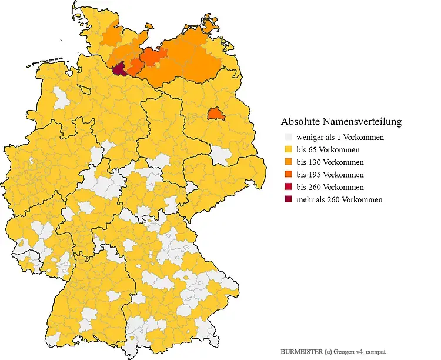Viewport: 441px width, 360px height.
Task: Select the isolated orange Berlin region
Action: coord(216,113)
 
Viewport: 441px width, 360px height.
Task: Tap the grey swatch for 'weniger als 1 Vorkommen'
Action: coord(288,137)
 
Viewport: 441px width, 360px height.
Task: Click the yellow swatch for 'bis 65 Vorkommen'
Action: coord(288,149)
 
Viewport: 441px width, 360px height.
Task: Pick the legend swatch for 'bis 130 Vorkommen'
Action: coord(288,162)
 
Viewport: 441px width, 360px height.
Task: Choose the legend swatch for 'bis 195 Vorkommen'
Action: coord(288,175)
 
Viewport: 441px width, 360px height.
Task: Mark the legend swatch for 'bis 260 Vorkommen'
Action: coord(288,187)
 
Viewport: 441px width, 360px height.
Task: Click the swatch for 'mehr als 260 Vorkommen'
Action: coord(288,199)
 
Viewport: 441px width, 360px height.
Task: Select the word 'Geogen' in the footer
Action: coord(346,351)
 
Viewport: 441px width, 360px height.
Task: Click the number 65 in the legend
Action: coord(312,149)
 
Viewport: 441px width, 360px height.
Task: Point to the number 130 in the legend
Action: coord(314,162)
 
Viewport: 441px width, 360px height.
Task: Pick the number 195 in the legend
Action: coord(314,175)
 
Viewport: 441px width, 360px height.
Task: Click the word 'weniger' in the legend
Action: coord(309,137)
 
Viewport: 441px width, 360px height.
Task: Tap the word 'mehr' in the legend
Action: coord(305,199)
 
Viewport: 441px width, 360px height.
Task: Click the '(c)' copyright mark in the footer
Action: coord(328,351)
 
